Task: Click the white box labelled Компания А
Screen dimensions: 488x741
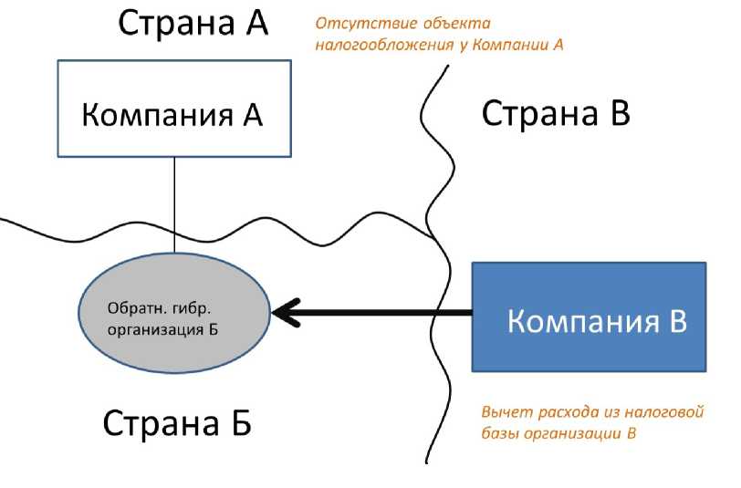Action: pos(174,108)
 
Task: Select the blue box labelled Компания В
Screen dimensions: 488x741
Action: pos(589,317)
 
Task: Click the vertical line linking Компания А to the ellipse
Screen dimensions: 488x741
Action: pos(174,196)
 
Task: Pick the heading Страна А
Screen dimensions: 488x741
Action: pos(193,24)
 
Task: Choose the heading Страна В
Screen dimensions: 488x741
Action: pos(556,114)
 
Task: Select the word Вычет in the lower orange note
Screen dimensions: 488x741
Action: pos(503,412)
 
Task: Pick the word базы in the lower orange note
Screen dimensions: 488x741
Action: pos(499,433)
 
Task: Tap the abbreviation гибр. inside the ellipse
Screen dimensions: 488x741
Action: pos(189,306)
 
